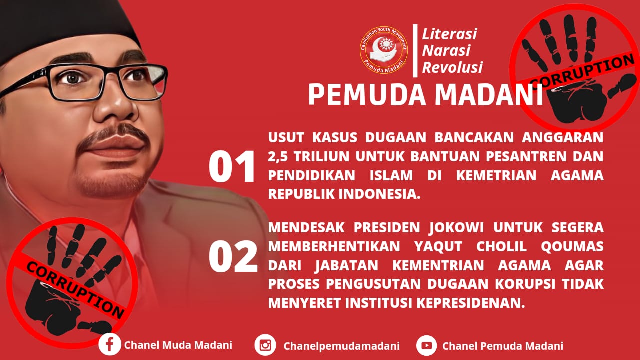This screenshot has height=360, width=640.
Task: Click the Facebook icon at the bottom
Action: (109, 345)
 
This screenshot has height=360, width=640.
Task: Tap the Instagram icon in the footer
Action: (265, 345)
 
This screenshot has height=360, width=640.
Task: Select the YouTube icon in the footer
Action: (427, 345)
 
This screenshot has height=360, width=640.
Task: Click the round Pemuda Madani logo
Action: (383, 50)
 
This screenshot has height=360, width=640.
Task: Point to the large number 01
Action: (231, 167)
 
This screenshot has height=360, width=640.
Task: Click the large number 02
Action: (233, 256)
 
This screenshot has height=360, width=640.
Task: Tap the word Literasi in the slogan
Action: (449, 34)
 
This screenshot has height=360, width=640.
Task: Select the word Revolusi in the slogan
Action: (452, 67)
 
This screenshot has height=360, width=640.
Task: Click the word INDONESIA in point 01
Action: (379, 194)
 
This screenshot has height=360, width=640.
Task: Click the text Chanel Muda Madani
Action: (178, 345)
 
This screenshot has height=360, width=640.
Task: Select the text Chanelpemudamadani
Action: (341, 346)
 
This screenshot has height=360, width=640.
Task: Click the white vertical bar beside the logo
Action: (415, 51)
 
